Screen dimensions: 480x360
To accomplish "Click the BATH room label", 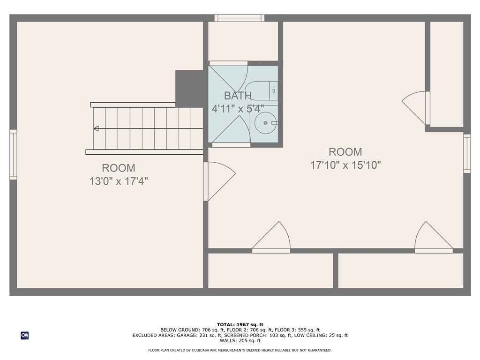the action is (x=238, y=96).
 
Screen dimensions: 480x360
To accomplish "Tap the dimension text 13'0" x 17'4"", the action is (x=119, y=181).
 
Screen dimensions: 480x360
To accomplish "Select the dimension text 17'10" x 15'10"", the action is (x=345, y=165).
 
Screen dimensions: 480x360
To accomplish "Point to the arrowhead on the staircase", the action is (x=96, y=128).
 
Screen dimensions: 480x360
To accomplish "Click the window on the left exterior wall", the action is (x=13, y=155).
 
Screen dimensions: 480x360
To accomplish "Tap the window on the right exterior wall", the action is (x=467, y=154).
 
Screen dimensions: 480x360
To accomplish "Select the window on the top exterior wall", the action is (x=240, y=18).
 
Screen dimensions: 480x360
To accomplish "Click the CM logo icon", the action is (x=25, y=336).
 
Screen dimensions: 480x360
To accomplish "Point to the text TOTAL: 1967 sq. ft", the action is (x=240, y=324).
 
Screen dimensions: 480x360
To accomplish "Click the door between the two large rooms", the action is (x=219, y=181).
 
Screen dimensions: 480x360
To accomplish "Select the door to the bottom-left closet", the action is (x=271, y=237).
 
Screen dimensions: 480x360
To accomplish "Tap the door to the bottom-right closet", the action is (x=434, y=237).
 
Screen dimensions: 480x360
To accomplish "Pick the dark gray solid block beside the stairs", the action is (x=189, y=89).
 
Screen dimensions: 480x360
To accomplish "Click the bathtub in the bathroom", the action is (x=262, y=90).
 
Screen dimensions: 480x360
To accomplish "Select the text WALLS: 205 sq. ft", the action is (x=240, y=340).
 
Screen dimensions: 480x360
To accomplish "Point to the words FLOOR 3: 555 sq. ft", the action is (x=297, y=330).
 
